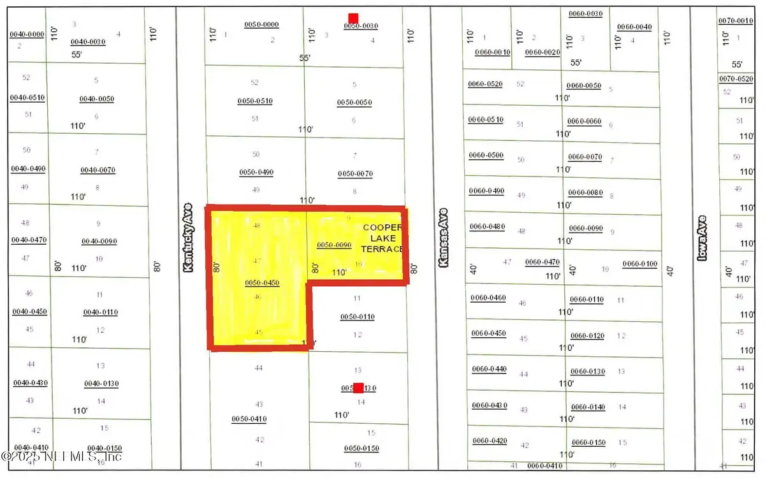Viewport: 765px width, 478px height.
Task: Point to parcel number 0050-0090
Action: pos(334,245)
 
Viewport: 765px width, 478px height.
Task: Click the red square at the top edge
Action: pos(353,18)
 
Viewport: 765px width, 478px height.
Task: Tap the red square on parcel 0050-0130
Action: pos(359,387)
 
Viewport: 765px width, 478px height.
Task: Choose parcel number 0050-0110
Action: pos(357,317)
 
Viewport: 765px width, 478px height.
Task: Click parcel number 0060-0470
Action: pos(542,262)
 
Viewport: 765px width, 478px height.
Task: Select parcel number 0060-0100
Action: pos(640,264)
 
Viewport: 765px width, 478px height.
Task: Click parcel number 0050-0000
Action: pos(262,25)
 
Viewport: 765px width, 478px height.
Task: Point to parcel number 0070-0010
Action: pos(736,21)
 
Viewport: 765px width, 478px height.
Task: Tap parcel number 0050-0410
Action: pos(249,419)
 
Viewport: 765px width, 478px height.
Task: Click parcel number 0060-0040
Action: pos(634,27)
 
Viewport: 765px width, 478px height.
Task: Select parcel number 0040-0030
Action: pos(88,42)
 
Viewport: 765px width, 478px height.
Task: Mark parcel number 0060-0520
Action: pos(486,84)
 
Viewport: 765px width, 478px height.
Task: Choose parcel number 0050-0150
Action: pos(361,449)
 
